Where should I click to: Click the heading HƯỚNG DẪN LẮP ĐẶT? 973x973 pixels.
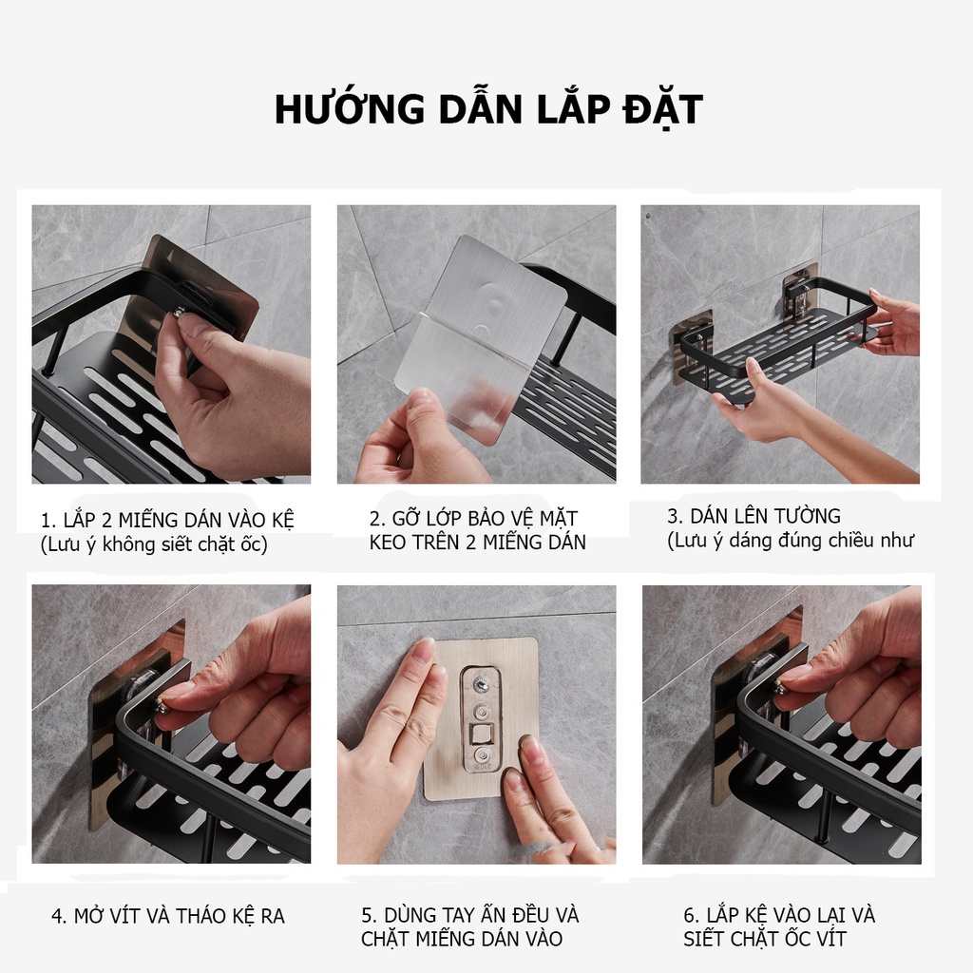point(487,110)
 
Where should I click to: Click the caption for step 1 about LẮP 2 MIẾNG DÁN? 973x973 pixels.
point(167,521)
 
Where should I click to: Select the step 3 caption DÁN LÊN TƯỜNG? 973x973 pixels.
point(754,517)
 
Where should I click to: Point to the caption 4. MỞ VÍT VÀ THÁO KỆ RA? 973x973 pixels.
point(167,916)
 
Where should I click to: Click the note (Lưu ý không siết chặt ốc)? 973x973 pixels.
point(154,544)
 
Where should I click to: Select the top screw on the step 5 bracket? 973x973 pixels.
point(480,681)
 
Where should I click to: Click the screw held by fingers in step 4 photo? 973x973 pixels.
point(162,705)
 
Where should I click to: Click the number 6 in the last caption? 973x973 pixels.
point(690,916)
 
